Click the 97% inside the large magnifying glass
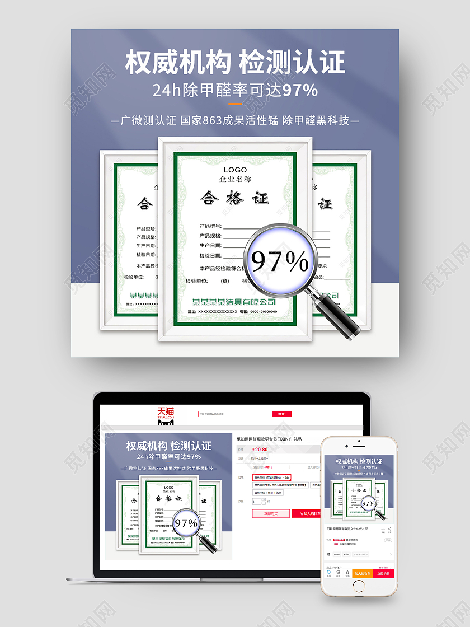tap(280, 261)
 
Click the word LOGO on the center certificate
tap(235, 170)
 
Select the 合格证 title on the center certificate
tap(235, 198)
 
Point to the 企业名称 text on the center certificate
tap(235, 179)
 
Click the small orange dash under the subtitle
tap(235, 104)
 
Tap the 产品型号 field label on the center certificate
tap(210, 226)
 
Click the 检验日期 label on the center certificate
tap(210, 256)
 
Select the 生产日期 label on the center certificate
tap(210, 246)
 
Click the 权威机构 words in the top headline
tap(177, 63)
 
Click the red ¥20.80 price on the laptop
tap(260, 449)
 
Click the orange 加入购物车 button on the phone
tap(363, 573)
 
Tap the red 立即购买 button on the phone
tap(383, 573)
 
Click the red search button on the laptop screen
tap(281, 414)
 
